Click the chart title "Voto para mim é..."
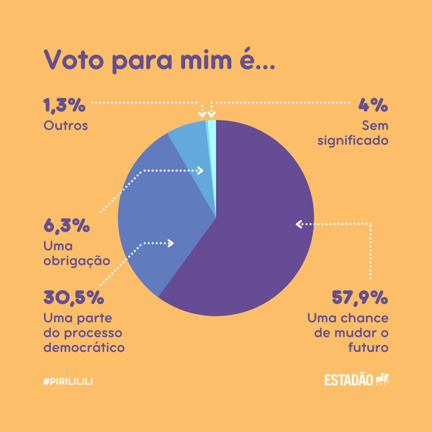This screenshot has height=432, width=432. [x=159, y=60]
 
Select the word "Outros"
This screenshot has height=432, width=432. [x=66, y=126]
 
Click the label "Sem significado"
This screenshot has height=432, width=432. [x=353, y=133]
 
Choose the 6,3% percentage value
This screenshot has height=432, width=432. [x=66, y=226]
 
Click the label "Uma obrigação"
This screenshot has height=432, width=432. [x=76, y=253]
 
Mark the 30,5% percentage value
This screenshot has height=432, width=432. [x=74, y=298]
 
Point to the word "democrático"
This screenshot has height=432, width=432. [x=84, y=347]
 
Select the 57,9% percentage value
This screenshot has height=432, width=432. [x=360, y=298]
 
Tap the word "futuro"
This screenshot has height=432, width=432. [x=368, y=347]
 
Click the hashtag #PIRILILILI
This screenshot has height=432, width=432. [x=68, y=382]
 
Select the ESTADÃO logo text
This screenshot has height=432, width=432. [x=349, y=380]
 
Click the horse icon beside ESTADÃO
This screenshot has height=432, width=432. [x=382, y=379]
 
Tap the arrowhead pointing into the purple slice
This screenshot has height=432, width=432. [x=298, y=224]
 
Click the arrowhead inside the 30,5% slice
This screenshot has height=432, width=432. [x=171, y=243]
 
